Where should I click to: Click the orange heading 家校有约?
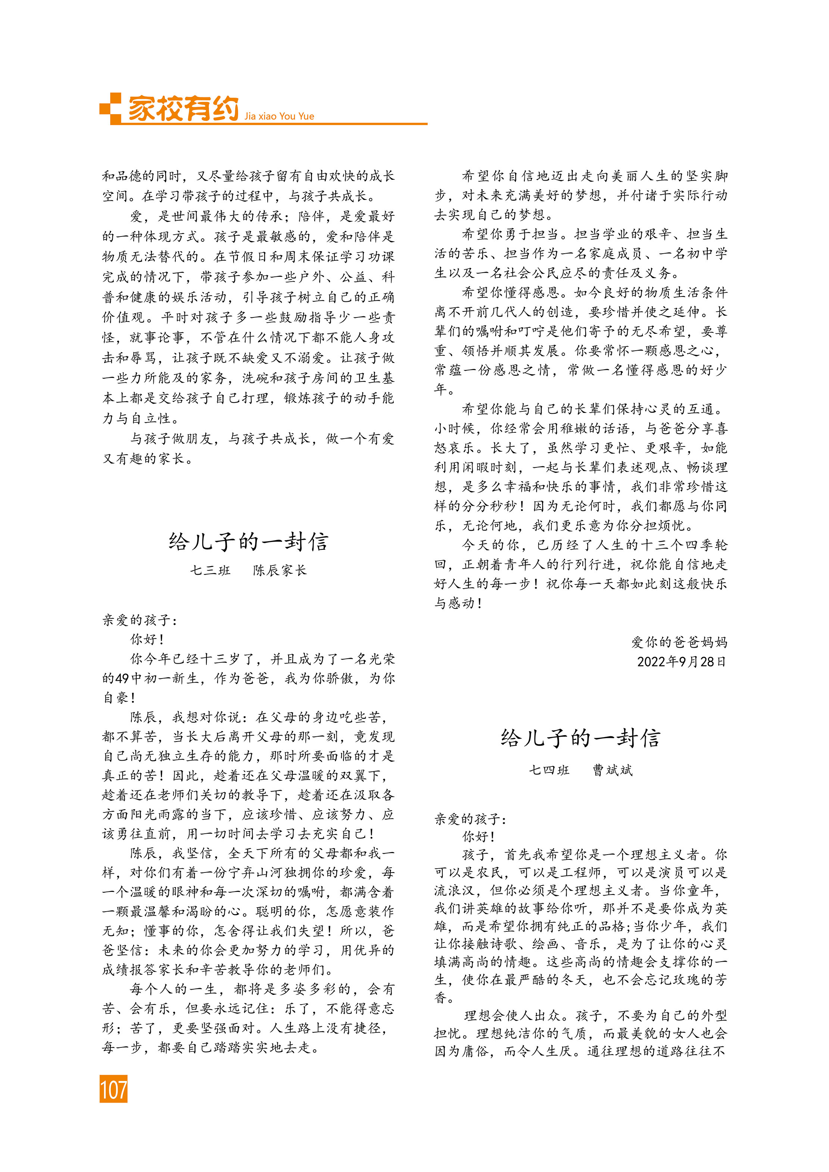[183, 108]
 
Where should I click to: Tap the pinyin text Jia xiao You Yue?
[279, 116]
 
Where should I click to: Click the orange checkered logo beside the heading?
[110, 108]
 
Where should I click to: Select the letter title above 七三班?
[248, 542]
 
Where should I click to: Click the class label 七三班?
[210, 570]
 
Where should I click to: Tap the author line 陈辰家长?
[280, 570]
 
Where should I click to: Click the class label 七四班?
[549, 770]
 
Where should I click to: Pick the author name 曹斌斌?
[613, 770]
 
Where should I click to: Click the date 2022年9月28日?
[681, 662]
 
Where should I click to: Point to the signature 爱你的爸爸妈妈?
[679, 642]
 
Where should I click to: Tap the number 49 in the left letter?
[122, 679]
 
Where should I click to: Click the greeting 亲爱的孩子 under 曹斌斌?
[470, 819]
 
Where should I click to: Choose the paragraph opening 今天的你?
[490, 545]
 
